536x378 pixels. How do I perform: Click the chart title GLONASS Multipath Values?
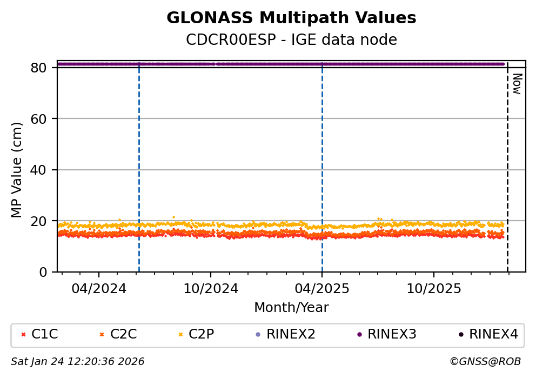291,18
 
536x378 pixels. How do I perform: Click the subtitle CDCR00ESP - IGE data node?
291,39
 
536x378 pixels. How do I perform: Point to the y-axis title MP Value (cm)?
17,170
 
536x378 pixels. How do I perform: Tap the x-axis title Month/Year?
291,308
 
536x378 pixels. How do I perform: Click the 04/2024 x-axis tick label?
99,288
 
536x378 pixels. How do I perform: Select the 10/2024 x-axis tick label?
211,288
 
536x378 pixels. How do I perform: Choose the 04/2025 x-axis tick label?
322,288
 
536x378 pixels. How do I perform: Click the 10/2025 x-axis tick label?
434,288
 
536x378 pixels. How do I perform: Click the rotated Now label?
517,84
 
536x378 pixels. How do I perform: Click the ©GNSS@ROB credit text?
485,361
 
